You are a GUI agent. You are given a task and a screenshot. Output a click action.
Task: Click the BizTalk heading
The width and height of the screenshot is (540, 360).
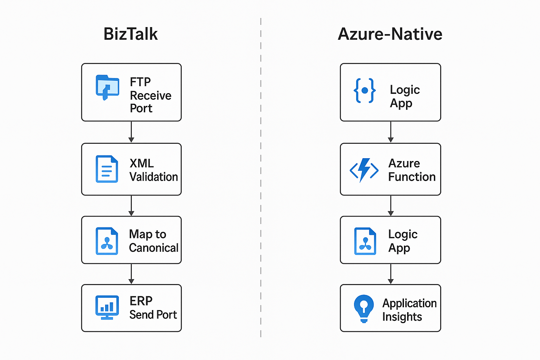130,34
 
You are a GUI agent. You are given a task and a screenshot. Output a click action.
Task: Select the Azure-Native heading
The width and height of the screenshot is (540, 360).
390,34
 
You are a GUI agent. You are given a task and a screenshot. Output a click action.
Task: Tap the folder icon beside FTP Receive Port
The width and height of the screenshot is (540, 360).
107,87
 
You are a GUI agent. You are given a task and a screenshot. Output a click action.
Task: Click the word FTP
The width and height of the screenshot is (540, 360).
140,82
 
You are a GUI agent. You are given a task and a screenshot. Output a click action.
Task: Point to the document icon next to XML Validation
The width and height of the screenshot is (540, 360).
107,169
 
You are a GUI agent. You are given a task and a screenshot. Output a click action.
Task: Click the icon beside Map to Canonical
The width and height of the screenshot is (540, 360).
107,241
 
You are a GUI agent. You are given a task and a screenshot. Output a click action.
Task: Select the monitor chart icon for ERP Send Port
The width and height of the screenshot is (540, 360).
107,307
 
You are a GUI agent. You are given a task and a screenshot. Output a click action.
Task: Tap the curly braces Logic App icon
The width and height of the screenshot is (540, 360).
365,91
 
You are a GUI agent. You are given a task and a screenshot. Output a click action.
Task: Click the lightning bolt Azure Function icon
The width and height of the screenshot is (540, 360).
364,170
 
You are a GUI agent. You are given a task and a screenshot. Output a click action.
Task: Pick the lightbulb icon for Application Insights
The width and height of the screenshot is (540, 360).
364,308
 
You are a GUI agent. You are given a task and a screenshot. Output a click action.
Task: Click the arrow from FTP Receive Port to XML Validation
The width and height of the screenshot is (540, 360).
131,132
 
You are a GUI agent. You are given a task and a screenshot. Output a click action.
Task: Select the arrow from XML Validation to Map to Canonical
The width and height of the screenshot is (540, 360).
131,206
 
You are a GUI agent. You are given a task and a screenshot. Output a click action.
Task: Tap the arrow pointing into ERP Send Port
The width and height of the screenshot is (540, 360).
131,274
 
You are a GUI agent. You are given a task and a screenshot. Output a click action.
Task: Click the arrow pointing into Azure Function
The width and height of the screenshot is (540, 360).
391,132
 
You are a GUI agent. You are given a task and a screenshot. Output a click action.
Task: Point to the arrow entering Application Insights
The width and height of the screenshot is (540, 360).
391,274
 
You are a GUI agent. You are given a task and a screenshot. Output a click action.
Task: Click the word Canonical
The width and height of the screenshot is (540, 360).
154,248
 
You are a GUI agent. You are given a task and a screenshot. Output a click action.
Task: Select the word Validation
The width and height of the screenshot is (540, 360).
154,177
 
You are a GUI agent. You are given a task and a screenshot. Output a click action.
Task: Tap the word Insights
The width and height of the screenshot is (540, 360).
402,317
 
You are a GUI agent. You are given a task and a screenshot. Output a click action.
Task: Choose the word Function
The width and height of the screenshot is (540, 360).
412,177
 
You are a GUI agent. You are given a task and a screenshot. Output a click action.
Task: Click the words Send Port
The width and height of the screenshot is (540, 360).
153,315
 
